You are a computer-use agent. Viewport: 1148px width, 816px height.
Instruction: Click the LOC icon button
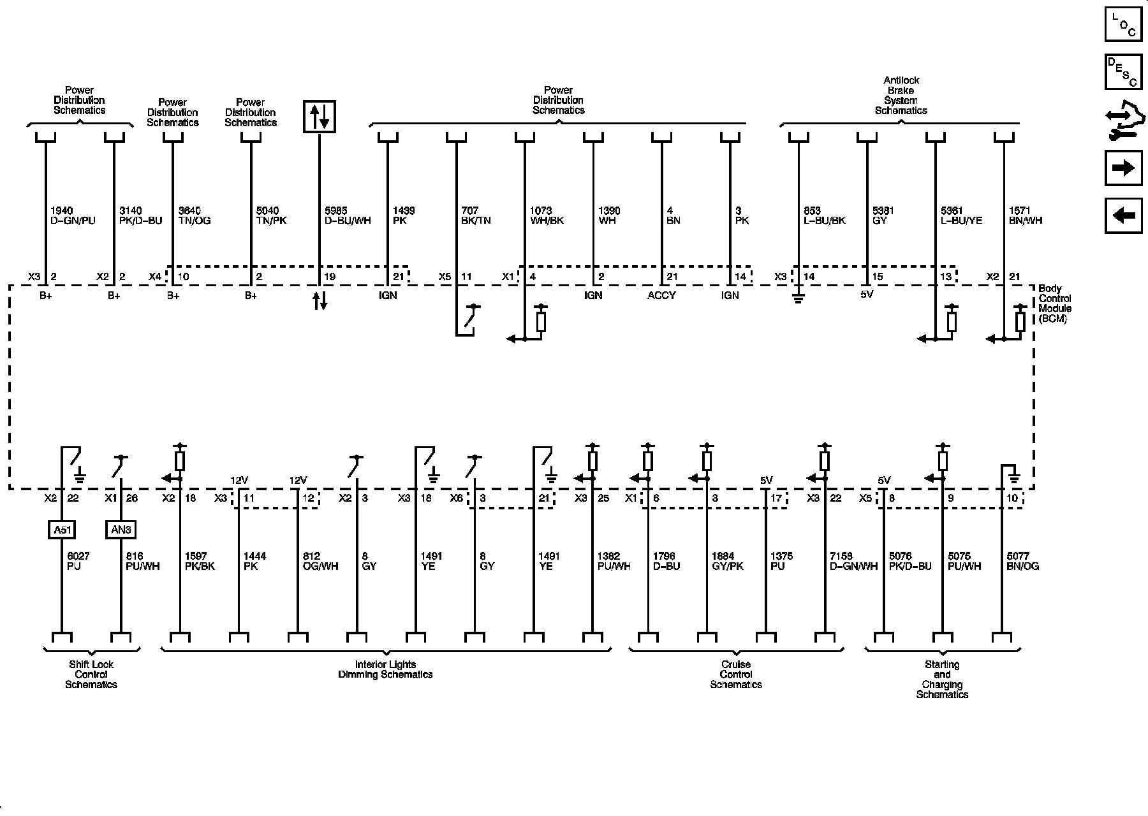[1123, 24]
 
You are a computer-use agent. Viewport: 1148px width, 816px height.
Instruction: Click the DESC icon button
[1123, 72]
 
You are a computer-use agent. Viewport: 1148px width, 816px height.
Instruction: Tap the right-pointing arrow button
[1123, 168]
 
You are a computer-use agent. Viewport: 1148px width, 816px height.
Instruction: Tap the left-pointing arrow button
[1123, 215]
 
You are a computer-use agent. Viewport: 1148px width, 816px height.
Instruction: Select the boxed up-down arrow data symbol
[320, 117]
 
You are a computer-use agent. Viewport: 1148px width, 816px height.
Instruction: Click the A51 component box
[62, 529]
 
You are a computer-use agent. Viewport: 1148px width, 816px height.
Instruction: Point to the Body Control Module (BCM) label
[1055, 303]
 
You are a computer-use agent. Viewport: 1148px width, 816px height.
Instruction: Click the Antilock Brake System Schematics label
[901, 96]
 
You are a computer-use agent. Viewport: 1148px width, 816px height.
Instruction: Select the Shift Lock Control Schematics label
[91, 674]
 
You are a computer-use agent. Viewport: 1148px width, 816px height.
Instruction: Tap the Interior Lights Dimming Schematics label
[385, 669]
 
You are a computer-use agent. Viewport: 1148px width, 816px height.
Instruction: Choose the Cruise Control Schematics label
[736, 674]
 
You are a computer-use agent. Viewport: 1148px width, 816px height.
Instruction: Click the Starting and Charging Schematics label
[942, 680]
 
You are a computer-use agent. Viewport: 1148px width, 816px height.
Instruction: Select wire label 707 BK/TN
[476, 215]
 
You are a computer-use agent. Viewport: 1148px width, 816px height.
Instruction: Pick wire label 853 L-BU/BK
[825, 215]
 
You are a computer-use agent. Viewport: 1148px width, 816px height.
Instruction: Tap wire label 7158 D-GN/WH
[853, 561]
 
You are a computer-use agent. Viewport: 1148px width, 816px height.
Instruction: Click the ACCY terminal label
[661, 295]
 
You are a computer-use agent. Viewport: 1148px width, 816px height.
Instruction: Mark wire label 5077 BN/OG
[1023, 561]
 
